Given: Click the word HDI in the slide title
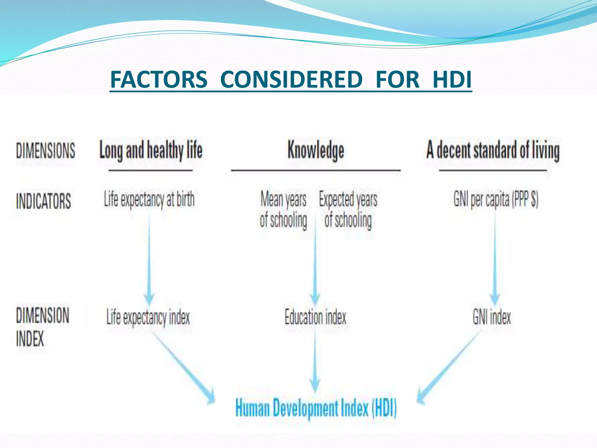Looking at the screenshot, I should (x=452, y=79).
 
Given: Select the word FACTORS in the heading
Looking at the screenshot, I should (x=159, y=79).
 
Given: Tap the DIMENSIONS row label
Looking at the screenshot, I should (x=45, y=151).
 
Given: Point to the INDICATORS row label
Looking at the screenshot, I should (x=43, y=201).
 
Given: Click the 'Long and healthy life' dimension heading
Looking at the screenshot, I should (x=151, y=150).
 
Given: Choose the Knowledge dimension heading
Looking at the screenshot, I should (x=316, y=150).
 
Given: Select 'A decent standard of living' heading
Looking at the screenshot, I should (x=493, y=150).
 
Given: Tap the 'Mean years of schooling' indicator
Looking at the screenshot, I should (x=283, y=209).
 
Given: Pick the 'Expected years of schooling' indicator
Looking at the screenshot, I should (x=348, y=209).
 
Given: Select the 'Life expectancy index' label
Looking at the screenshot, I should (x=148, y=317).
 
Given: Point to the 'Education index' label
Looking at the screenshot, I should (x=315, y=317).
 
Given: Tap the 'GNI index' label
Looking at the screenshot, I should (x=492, y=317).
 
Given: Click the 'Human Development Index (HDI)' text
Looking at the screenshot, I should (x=316, y=408).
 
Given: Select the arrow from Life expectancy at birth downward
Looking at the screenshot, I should (x=149, y=257).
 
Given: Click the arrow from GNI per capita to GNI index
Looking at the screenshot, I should (x=495, y=257).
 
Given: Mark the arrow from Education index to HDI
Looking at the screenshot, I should (x=315, y=362).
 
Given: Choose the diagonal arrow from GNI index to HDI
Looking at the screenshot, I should (x=449, y=367).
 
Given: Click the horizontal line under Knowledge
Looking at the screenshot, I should (x=316, y=170).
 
